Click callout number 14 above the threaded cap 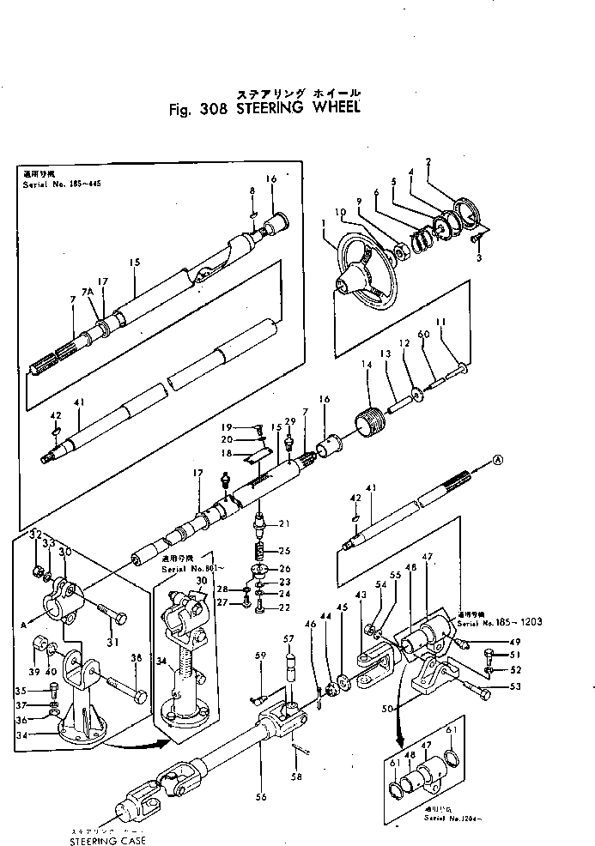tap(367, 366)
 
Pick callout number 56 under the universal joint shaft tap(261, 797)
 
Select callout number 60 tap(422, 335)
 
